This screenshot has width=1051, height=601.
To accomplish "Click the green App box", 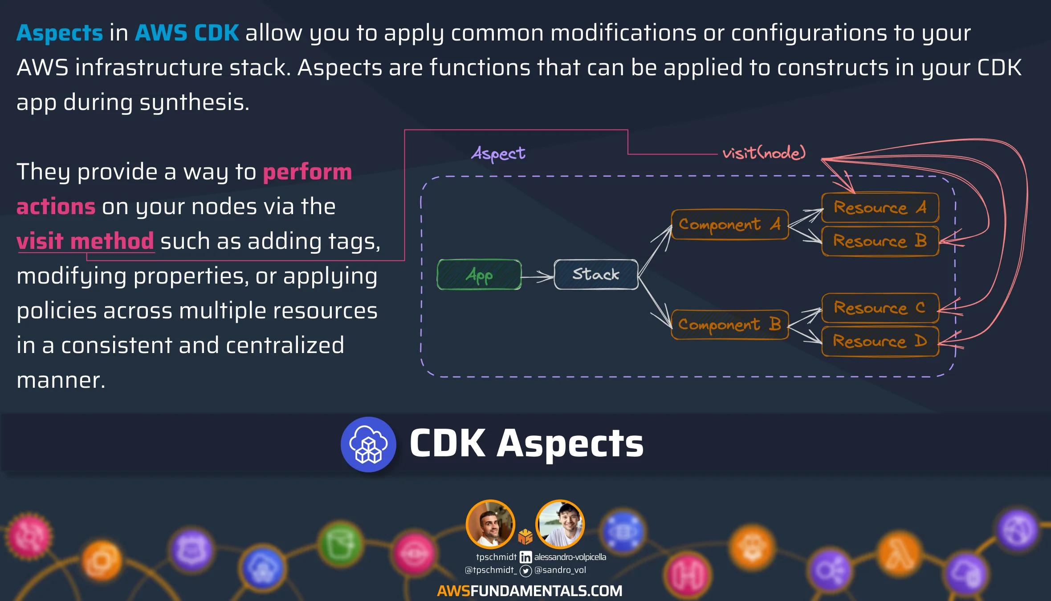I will pos(479,275).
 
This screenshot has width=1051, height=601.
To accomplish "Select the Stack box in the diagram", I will pos(596,274).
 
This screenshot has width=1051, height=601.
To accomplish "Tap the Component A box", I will pos(729,224).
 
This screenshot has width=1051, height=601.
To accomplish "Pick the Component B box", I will pos(729,325).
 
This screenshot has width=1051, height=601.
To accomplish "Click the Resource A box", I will pos(880,207).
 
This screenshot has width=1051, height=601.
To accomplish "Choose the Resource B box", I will pos(880,241).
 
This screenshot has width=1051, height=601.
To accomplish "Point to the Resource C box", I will pos(880,308).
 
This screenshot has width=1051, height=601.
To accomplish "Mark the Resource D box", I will pos(880,341).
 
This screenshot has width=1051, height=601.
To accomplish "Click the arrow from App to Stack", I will pos(538,277).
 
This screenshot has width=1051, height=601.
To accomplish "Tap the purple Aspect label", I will pos(498,154).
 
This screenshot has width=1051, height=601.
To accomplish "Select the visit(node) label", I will pos(764,153).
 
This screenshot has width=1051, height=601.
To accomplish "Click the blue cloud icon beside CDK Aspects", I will pos(368,444).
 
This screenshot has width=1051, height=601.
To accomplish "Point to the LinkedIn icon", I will pos(525,557).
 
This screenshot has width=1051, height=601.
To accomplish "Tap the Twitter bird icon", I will pos(526,571).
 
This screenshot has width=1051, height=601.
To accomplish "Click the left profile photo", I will pos(490,524).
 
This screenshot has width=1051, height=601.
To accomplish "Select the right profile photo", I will pos(560,524).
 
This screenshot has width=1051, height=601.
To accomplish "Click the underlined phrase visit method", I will pos(86,241).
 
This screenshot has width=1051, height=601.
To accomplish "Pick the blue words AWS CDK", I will pos(187,33).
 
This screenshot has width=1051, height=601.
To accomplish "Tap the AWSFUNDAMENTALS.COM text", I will pos(530,591).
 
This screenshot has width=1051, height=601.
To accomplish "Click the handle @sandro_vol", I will pos(560,570).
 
